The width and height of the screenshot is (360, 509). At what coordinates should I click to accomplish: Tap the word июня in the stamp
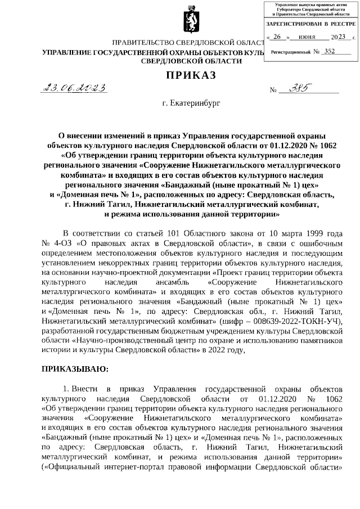(x=307, y=37)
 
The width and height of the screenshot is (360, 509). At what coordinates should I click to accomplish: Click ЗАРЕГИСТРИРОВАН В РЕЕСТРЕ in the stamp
(x=310, y=24)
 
